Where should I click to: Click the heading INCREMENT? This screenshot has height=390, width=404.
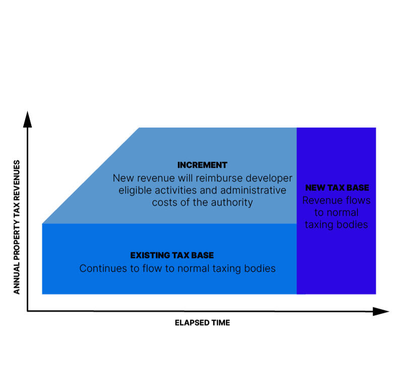[202, 165]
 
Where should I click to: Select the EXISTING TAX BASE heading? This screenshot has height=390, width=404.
[176, 255]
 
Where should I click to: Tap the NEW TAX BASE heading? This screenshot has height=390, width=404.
[337, 188]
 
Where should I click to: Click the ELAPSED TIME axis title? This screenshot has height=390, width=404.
[202, 322]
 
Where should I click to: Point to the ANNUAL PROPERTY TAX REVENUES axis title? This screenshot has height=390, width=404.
[17, 227]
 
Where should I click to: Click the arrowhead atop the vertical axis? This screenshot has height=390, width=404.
[28, 119]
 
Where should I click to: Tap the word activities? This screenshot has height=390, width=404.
[176, 190]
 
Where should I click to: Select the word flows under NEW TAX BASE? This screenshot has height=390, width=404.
[358, 200]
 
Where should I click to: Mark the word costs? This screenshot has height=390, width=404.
[165, 202]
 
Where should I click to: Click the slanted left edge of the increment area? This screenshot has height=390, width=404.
[91, 175]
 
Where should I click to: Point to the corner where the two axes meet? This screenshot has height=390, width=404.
[28, 311]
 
